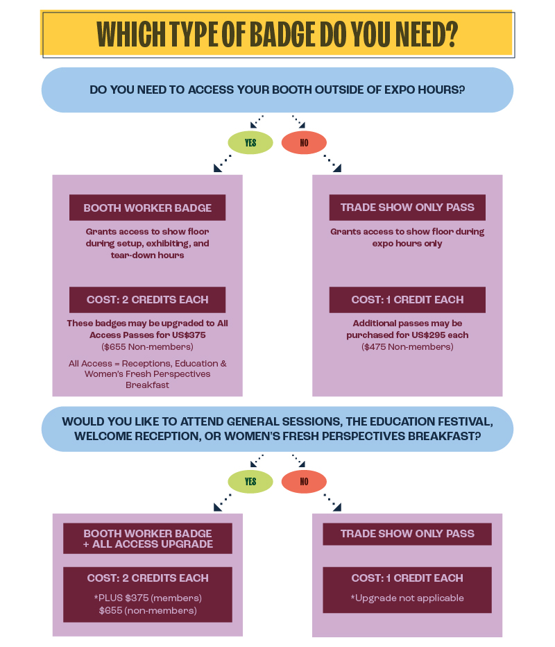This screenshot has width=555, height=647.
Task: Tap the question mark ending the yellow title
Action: click(452, 33)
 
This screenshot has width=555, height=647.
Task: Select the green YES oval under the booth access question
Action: click(250, 142)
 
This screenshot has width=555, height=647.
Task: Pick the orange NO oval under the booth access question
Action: click(304, 142)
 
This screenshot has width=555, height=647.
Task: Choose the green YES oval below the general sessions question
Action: click(250, 481)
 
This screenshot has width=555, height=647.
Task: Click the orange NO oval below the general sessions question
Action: click(304, 481)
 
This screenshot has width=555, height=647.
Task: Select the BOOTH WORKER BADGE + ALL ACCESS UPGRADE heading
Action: click(148, 539)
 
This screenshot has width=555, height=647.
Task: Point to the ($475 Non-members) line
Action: click(407, 346)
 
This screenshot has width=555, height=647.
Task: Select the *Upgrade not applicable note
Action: click(407, 598)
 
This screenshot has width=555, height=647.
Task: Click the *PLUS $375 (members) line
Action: click(148, 598)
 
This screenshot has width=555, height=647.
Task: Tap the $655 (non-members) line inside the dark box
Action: click(148, 610)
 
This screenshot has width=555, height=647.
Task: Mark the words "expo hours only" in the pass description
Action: click(407, 244)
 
